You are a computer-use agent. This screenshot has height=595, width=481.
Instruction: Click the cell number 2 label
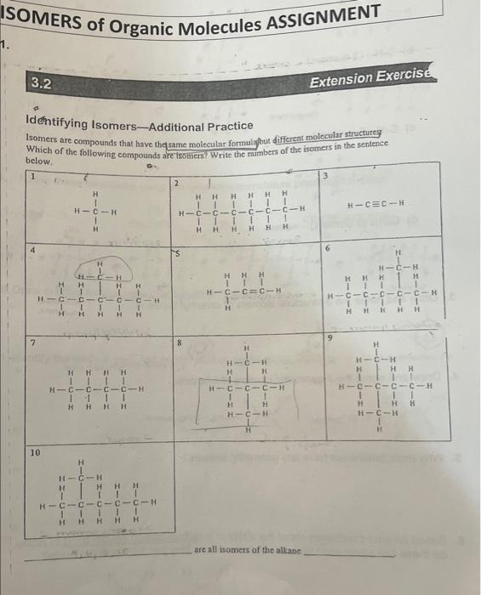(x=175, y=184)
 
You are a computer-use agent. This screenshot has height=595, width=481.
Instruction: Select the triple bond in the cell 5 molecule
(x=252, y=293)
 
